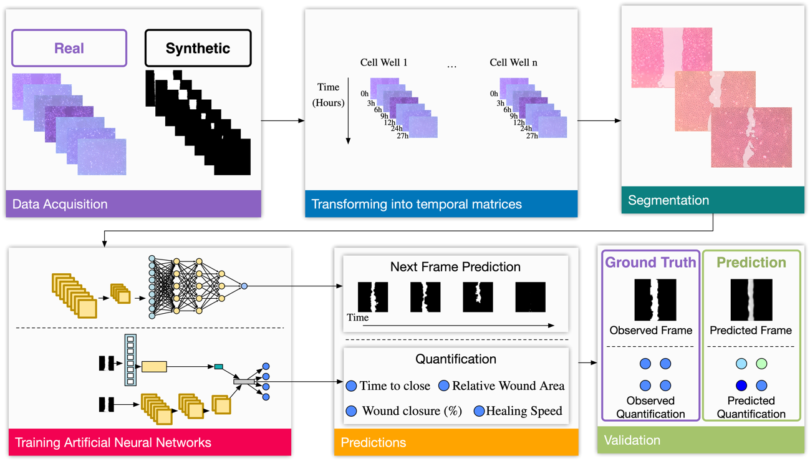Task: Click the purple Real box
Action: click(69, 48)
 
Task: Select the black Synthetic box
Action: click(198, 48)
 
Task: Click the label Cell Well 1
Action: click(383, 62)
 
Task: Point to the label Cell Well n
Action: click(513, 62)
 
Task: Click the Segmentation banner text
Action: click(668, 200)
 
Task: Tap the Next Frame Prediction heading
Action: click(455, 267)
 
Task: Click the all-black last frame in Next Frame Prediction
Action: click(530, 297)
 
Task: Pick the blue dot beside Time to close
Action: click(352, 386)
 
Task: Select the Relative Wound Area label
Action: click(508, 386)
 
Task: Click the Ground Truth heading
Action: click(650, 263)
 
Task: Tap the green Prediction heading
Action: click(751, 263)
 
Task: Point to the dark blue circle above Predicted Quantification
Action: click(741, 386)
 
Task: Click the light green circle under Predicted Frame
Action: click(761, 364)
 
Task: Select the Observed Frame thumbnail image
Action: click(650, 300)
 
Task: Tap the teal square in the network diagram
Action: click(219, 367)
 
